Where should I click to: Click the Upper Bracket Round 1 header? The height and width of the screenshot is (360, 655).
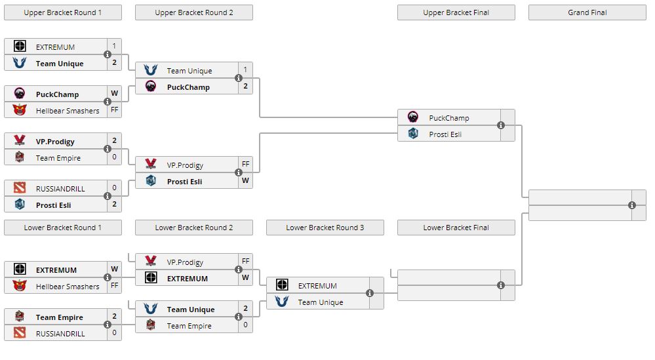click(x=62, y=12)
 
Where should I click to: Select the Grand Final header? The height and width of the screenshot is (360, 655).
click(x=587, y=12)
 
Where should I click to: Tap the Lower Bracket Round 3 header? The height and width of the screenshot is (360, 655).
click(x=325, y=228)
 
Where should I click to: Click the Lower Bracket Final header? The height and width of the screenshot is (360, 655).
click(x=456, y=228)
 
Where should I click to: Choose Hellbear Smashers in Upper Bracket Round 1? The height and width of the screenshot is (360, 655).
click(x=68, y=111)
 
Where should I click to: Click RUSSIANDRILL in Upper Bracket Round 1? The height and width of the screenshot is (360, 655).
click(x=60, y=189)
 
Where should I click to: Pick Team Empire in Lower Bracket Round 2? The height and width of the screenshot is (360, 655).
click(x=189, y=326)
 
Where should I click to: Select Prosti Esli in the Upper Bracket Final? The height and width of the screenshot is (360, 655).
click(x=445, y=134)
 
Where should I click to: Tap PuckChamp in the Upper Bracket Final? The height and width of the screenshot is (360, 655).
click(x=449, y=118)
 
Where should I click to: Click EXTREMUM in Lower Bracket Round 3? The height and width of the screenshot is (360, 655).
click(x=317, y=286)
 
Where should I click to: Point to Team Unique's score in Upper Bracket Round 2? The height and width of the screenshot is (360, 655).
click(x=245, y=70)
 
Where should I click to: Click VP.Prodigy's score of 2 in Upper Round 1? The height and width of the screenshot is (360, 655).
click(x=114, y=140)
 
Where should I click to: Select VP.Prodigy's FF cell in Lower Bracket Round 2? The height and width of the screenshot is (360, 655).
click(x=245, y=261)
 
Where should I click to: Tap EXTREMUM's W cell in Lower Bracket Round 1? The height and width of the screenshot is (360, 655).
click(x=114, y=269)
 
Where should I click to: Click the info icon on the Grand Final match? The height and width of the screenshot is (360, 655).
click(x=632, y=205)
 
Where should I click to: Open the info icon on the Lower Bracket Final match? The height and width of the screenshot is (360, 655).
click(x=501, y=285)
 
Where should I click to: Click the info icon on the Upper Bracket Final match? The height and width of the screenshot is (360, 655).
click(x=501, y=125)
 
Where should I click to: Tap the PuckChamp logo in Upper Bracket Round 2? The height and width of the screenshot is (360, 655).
click(x=151, y=87)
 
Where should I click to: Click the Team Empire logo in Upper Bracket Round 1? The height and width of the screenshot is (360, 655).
click(x=20, y=157)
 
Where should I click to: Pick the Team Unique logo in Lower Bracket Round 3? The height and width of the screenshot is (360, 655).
click(x=282, y=302)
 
